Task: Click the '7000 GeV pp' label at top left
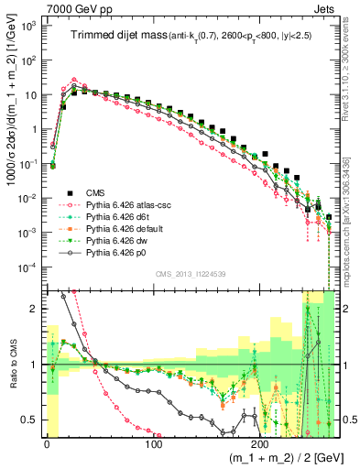coord(71,8)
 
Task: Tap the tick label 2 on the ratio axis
coord(33,309)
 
